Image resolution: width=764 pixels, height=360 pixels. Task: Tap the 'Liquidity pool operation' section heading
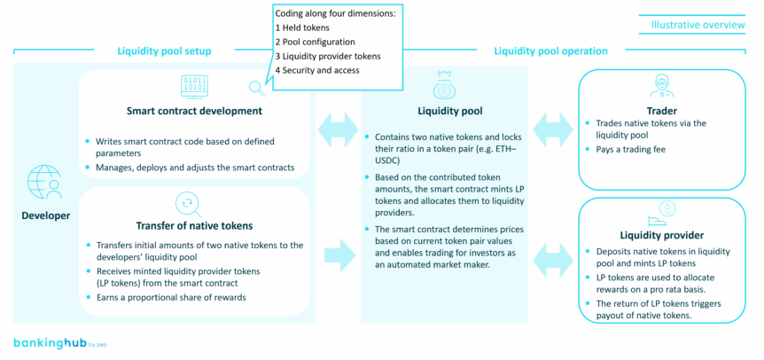(x=550, y=51)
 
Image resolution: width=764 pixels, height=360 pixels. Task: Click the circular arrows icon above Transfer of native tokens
(x=188, y=202)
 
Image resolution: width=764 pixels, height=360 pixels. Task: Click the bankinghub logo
(x=53, y=341)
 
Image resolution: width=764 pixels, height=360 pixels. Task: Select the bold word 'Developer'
(x=44, y=215)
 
